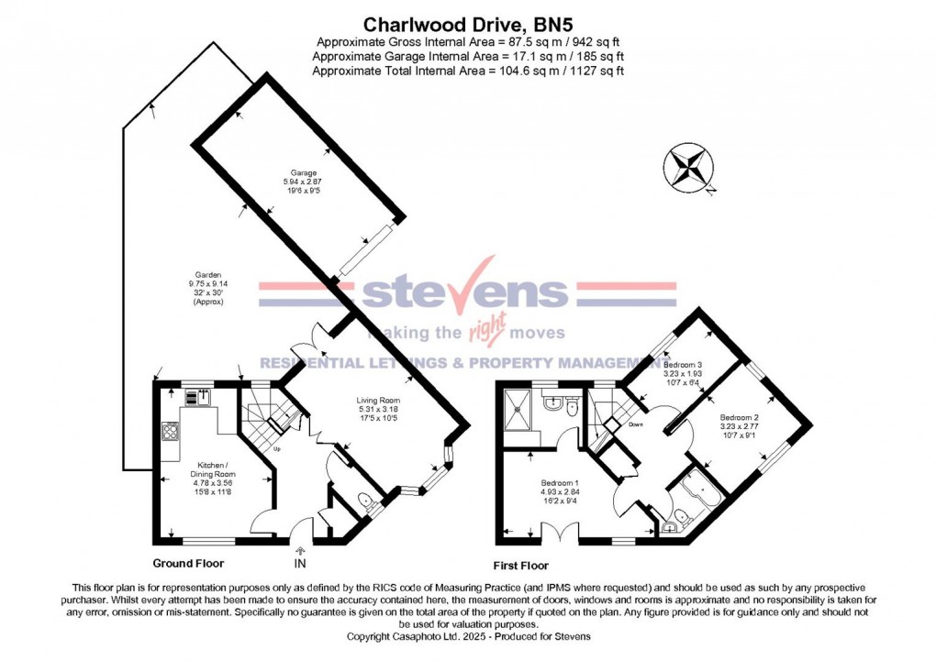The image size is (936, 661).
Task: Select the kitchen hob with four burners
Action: [x=170, y=430]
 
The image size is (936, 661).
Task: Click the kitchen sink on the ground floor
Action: [x=197, y=398]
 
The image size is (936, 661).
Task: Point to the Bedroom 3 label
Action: [x=682, y=372]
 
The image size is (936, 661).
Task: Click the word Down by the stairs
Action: [x=635, y=424]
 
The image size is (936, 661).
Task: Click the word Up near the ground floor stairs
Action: [x=278, y=449]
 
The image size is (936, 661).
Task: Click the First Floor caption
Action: [x=521, y=566]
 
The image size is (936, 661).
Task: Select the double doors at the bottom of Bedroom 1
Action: [x=558, y=531]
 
